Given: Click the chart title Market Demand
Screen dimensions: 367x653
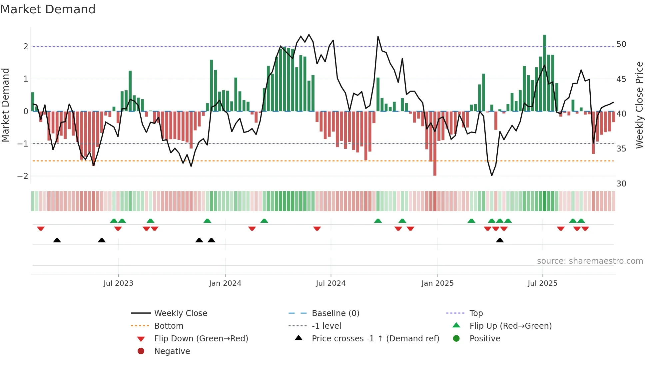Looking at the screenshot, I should pos(48,9).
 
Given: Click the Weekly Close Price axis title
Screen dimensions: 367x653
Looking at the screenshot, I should pos(639,105).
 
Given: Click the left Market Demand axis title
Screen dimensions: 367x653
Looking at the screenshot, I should pos(6,105).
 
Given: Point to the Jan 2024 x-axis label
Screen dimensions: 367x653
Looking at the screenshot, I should pos(225,283).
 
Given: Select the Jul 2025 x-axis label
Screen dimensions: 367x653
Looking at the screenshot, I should pos(542,283).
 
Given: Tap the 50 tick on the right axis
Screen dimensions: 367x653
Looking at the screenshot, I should pos(621,44).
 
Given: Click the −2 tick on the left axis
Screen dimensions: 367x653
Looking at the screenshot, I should pos(23,176).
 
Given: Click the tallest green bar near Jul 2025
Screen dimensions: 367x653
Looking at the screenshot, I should pos(544,73).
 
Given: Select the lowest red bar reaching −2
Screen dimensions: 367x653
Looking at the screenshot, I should pos(435,143).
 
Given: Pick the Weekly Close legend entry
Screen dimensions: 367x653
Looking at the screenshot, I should pos(180,313).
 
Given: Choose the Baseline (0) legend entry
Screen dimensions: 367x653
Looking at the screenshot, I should pos(335,313).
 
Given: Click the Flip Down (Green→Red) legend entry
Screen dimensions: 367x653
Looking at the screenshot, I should pos(201,339).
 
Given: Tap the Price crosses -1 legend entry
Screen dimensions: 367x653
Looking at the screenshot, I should pos(375,339).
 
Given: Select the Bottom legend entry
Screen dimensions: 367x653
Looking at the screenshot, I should pos(169,326).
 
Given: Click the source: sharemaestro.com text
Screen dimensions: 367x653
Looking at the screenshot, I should pos(590,261).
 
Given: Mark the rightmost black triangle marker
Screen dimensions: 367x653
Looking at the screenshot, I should pos(500,240).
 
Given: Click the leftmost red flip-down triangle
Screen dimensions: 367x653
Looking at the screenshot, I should pos(41,228).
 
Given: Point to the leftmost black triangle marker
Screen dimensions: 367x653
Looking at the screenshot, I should pos(57,240).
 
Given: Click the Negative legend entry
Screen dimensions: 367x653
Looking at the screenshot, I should pos(172,351).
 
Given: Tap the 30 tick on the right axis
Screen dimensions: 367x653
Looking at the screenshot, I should pos(621,184).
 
